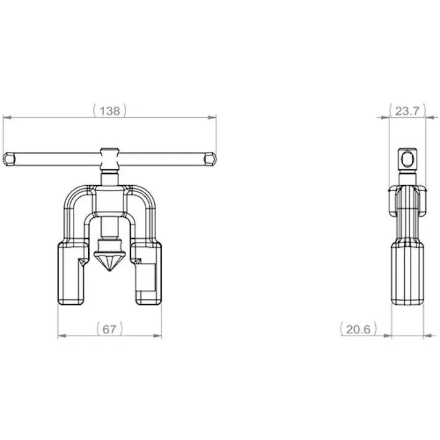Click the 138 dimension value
pos(110,111)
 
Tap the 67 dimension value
pos(109,329)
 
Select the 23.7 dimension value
pos(407,111)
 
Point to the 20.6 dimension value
pos(359,329)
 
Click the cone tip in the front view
pos(109,271)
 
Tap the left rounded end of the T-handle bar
pos(8,159)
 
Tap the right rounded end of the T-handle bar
pos(210,159)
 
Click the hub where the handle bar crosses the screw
pos(110,159)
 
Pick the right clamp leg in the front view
pos(147,273)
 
